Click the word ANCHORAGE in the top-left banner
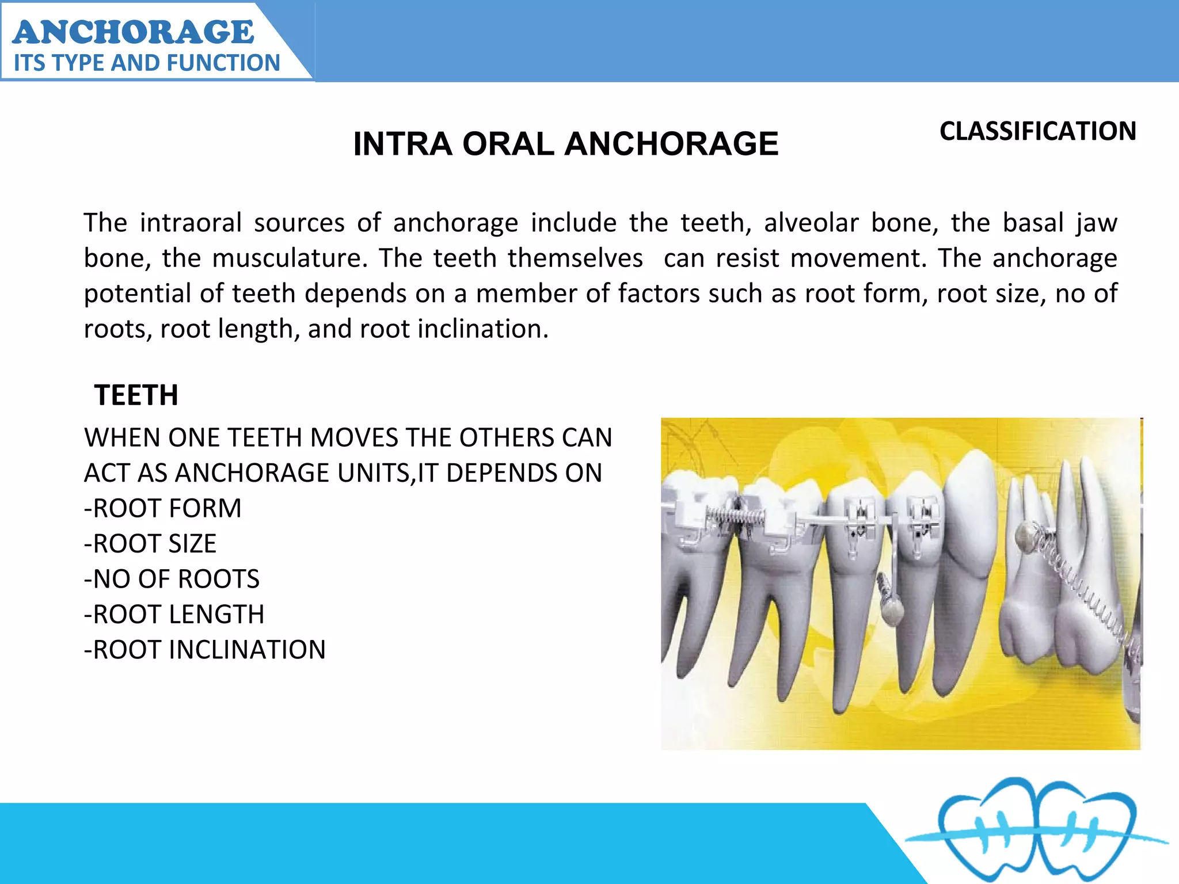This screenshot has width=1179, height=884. point(133,32)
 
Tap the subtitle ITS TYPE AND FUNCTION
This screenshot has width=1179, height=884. point(147,63)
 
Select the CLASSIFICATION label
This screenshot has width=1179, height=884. point(1037,131)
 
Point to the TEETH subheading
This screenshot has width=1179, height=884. point(136,395)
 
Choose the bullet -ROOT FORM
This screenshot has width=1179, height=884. point(163,508)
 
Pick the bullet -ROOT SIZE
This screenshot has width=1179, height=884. point(150,544)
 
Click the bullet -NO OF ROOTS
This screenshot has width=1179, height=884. point(172,579)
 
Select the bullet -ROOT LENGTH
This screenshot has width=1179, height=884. point(174,615)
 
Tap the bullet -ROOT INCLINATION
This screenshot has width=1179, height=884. point(205,650)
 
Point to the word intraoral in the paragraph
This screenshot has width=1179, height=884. point(190,223)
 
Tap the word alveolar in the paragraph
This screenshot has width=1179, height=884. point(811,223)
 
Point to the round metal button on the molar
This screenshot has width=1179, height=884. point(1025,535)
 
